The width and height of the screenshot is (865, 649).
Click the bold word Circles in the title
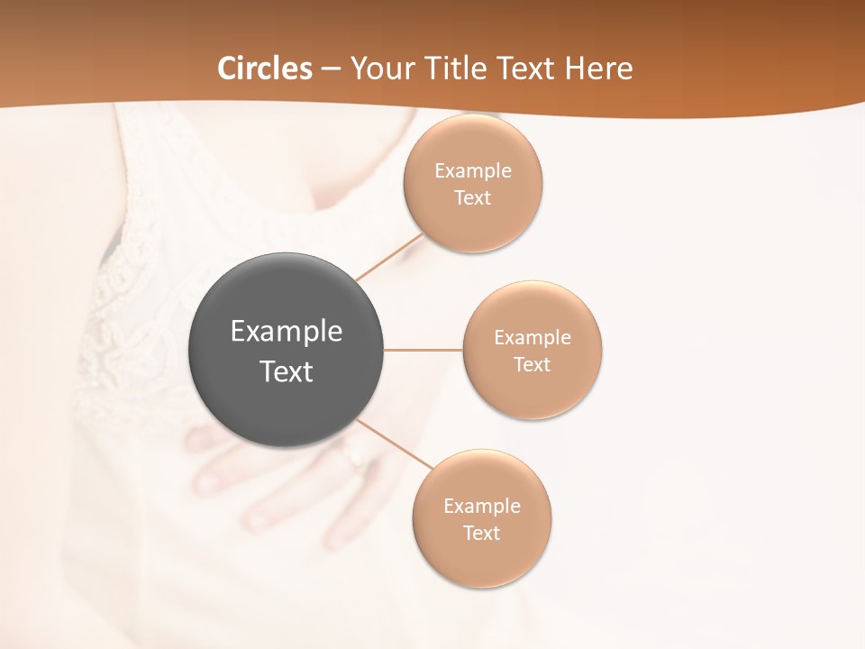[x=265, y=69]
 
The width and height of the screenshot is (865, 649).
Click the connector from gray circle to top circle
[x=389, y=257]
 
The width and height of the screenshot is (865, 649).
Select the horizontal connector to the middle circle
[x=423, y=350]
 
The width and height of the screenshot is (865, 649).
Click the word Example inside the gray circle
[x=287, y=332]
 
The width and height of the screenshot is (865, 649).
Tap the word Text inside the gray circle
[x=287, y=371]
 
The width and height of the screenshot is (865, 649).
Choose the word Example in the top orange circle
[x=473, y=171]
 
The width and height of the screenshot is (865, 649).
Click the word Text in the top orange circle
[x=473, y=198]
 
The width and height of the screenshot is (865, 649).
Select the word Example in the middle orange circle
[x=533, y=338]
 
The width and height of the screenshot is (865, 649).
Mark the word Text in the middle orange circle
[x=533, y=365]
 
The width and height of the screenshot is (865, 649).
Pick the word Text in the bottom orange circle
[x=482, y=534]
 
